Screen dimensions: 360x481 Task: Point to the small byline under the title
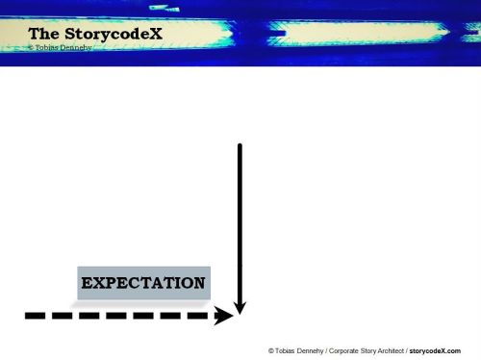pyautogui.click(x=62, y=47)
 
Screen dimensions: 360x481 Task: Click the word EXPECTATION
pyautogui.click(x=143, y=283)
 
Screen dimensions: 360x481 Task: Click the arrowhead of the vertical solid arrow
pyautogui.click(x=240, y=305)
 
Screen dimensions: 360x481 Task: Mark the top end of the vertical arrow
pyautogui.click(x=240, y=145)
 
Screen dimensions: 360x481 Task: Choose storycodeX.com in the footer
pyautogui.click(x=435, y=351)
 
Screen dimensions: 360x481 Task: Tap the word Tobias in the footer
pyautogui.click(x=284, y=351)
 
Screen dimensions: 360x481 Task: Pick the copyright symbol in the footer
pyautogui.click(x=271, y=351)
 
